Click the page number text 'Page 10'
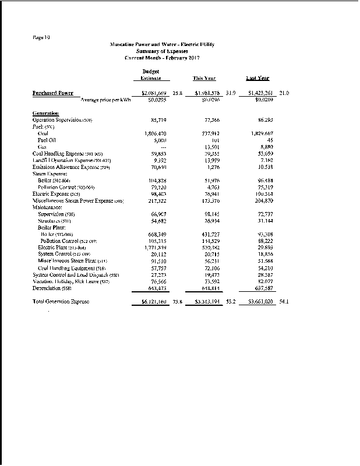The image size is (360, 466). pos(41,37)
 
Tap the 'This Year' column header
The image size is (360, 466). pos(204,78)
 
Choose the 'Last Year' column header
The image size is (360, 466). pos(257,78)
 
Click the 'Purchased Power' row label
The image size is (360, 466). pos(52,93)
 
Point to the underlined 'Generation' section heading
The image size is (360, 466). pos(46,112)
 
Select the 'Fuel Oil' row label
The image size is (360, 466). pos(47,140)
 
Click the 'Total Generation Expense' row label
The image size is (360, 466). pos(62,302)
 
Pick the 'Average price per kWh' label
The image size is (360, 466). pos(105,100)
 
